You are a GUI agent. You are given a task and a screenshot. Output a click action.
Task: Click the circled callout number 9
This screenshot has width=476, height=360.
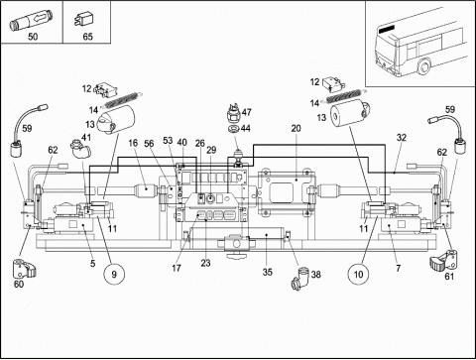click(x=114, y=274)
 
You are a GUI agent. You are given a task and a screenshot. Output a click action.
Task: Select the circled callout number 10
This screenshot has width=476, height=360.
click(x=358, y=274)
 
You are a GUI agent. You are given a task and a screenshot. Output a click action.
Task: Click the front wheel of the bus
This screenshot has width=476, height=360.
click(x=423, y=66)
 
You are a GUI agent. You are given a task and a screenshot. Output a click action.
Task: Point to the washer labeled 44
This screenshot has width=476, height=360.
click(x=234, y=128)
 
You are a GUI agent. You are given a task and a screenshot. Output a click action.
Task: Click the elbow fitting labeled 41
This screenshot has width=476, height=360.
click(x=80, y=150)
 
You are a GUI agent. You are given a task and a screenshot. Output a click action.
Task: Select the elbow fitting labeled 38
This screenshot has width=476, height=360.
click(x=300, y=279)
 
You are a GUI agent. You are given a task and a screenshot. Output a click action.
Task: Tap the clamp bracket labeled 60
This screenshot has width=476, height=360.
click(x=24, y=269)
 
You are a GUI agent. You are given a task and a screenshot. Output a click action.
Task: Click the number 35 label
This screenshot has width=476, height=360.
click(x=268, y=273)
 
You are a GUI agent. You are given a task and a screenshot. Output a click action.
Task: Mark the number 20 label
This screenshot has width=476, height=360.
click(x=296, y=128)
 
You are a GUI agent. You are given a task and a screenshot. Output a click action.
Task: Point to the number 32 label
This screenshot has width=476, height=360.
click(x=401, y=138)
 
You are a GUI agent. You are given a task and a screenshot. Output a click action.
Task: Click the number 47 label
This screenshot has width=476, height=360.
click(x=247, y=112)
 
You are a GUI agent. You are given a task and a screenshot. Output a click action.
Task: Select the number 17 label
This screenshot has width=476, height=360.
click(x=177, y=268)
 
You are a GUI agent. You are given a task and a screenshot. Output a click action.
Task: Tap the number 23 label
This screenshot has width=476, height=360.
click(x=205, y=263)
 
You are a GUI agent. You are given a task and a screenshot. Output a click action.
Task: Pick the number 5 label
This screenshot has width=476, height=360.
click(x=92, y=263)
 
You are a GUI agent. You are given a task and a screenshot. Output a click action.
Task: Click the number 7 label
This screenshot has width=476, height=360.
click(x=399, y=268)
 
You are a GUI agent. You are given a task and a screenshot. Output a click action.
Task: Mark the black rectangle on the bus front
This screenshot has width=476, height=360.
click(x=387, y=29)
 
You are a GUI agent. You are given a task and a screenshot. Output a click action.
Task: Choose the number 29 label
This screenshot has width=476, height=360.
click(x=211, y=150)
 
